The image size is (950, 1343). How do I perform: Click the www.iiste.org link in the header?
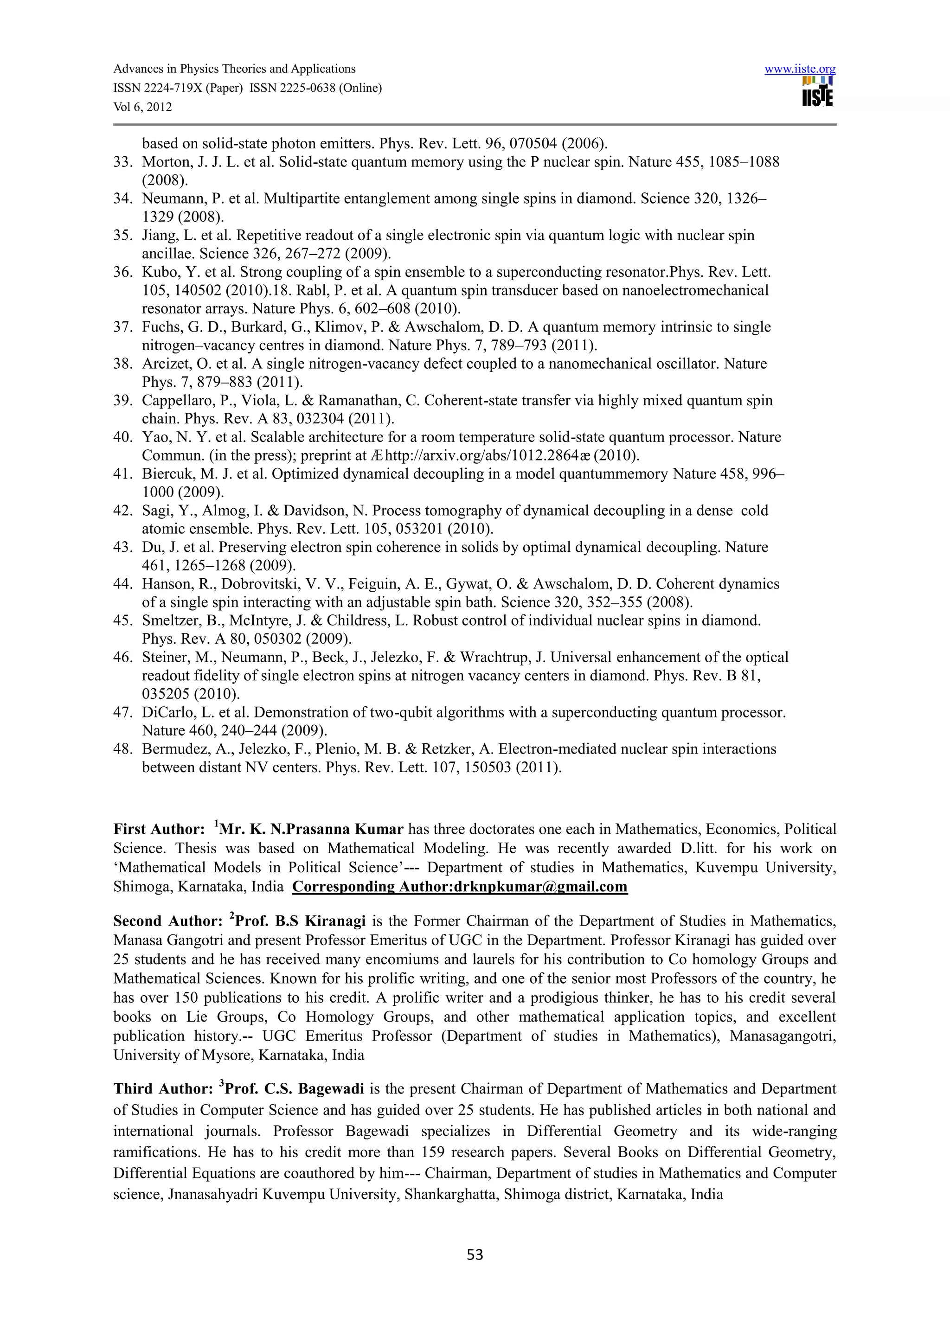(800, 69)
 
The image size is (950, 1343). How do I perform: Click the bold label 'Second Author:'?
(168, 921)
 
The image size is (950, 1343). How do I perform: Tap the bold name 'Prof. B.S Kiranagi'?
(300, 921)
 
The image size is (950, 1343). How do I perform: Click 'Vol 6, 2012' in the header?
(143, 107)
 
